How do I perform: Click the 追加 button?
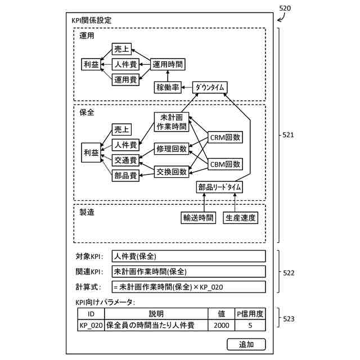246,344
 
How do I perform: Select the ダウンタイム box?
210,87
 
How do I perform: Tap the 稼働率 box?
168,87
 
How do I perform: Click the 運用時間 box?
168,64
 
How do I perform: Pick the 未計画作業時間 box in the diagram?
172,121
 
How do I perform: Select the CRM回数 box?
225,137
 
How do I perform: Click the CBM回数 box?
225,164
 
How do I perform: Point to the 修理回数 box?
172,148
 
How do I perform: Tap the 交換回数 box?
172,172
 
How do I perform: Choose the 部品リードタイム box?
219,187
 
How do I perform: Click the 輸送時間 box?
198,218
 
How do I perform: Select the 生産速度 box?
240,218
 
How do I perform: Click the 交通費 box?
125,160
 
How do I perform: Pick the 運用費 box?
125,80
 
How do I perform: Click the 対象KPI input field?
189,256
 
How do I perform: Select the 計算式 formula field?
189,287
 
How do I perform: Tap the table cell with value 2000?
221,325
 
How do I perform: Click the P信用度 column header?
250,314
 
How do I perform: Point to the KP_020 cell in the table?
91,325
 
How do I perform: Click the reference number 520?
285,8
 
